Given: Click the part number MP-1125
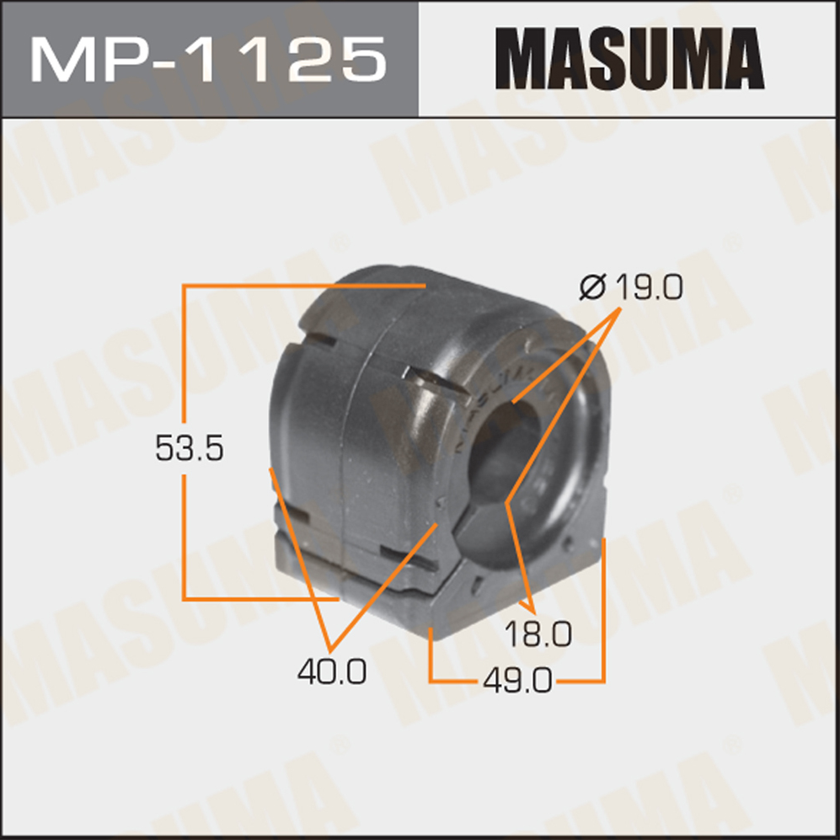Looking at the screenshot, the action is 208,60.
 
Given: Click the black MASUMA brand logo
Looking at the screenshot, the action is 629,58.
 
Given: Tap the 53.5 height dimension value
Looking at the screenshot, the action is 189,448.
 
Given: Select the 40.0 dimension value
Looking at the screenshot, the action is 332,671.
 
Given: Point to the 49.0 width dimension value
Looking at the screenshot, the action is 517,682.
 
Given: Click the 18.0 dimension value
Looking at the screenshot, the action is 538,634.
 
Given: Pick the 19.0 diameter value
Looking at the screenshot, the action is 650,287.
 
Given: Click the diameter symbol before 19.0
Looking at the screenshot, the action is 592,287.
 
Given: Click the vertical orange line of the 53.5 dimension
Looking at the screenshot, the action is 185,442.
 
